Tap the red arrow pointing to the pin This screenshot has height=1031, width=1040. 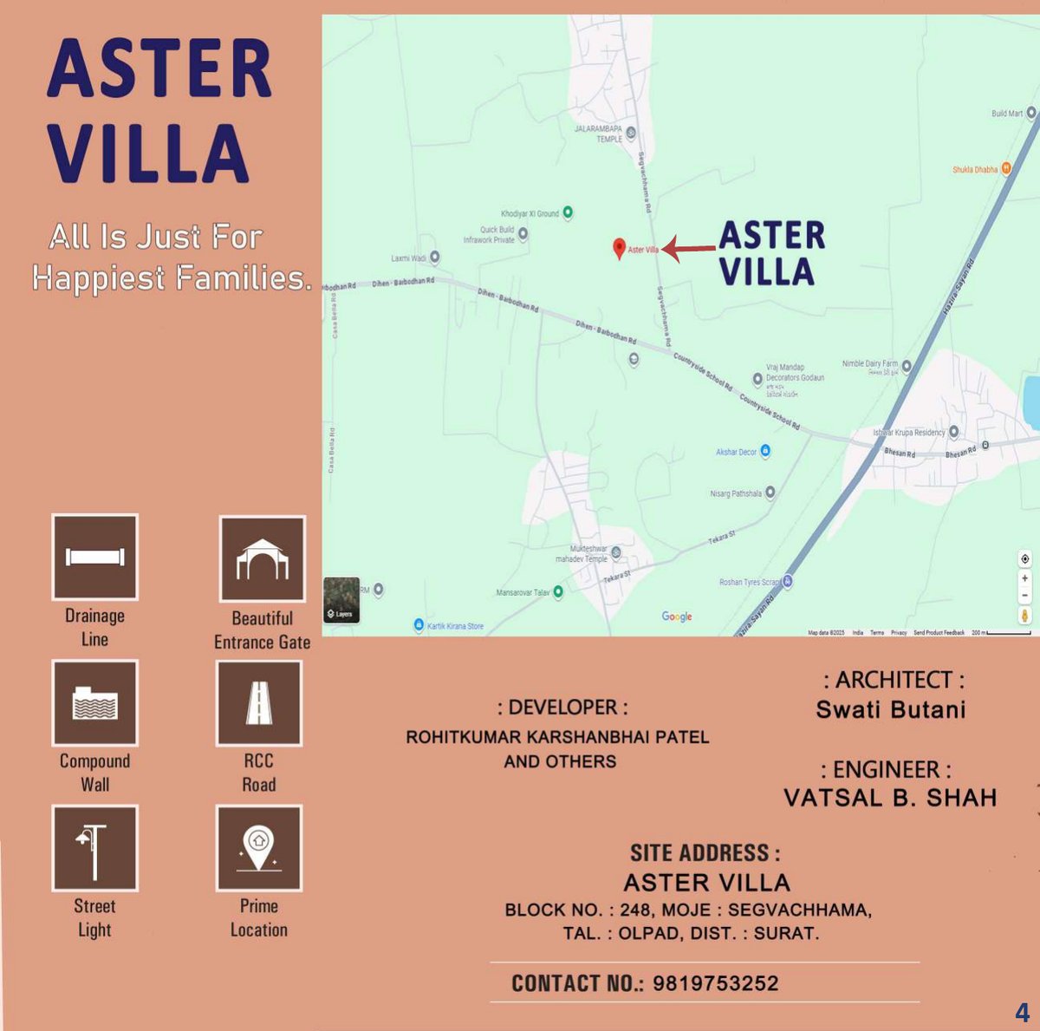point(689,250)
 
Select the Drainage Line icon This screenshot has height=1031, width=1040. point(95,557)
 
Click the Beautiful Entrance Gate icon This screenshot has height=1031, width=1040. point(262,559)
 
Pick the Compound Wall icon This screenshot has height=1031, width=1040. point(95,702)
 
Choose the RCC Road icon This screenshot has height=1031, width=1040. point(259,702)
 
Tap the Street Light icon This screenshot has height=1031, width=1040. point(95,848)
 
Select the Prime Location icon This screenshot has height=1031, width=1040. point(259,848)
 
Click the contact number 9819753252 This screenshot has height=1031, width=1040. point(715,983)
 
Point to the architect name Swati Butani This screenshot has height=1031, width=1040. point(891,709)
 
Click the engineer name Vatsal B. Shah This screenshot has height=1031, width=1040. point(890,798)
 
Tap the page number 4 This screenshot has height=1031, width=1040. point(1023,1012)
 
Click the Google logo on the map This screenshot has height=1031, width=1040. point(677,617)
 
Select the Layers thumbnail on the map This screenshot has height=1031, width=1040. point(341,599)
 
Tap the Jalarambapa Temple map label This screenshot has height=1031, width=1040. point(599,134)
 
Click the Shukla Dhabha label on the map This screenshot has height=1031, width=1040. point(975,170)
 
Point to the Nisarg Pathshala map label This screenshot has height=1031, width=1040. point(736,493)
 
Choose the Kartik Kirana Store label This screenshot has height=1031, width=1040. point(455,626)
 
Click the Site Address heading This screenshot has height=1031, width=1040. point(705,853)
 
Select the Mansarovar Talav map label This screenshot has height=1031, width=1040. point(523,592)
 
